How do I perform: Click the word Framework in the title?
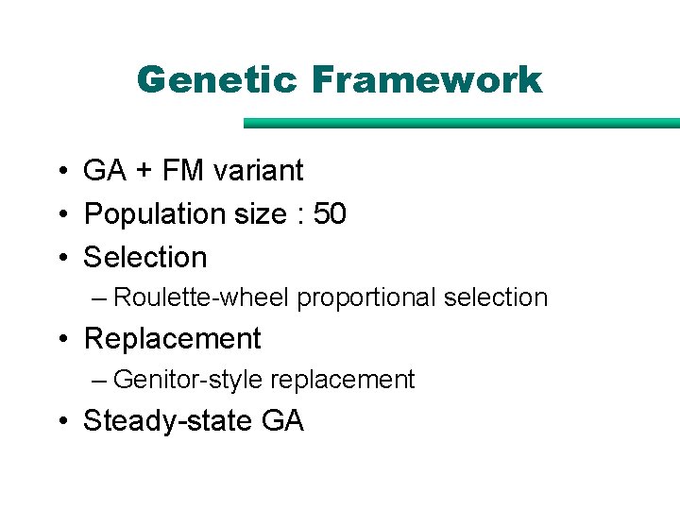tap(426, 80)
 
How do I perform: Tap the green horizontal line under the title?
tap(461, 123)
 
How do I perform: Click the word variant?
tap(259, 171)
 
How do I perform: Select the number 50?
tap(330, 214)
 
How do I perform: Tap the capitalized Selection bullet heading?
tap(145, 257)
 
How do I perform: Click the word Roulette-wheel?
tap(201, 297)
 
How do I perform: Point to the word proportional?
tap(366, 298)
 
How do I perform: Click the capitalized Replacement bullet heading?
tap(172, 338)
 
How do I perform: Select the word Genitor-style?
tap(188, 380)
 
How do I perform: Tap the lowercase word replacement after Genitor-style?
tap(342, 380)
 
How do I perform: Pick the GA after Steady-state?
tap(282, 420)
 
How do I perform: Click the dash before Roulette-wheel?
tap(100, 298)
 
